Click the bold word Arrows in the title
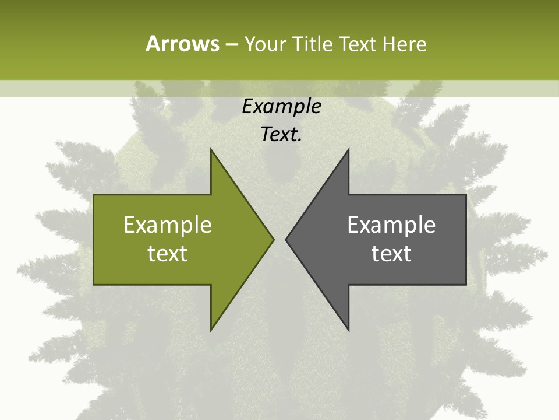tap(182, 44)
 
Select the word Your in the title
tap(263, 44)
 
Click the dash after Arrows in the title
tap(231, 44)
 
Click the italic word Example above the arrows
tap(281, 107)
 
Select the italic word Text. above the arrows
tap(281, 135)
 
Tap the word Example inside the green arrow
tap(168, 225)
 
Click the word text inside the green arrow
tap(168, 254)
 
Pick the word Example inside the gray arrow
tap(391, 225)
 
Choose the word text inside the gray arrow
tap(391, 254)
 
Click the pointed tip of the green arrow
tap(274, 239)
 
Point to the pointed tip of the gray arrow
tap(286, 239)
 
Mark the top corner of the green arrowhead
tap(211, 149)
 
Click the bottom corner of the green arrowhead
tap(211, 330)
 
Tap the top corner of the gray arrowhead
tap(348, 149)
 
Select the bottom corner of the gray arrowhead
tap(348, 330)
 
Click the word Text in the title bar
tap(358, 44)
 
